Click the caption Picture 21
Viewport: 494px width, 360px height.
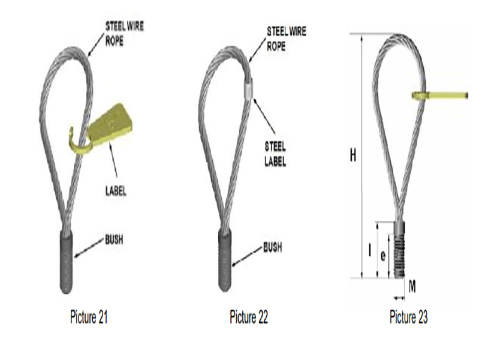pyautogui.click(x=89, y=317)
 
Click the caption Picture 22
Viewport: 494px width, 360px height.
pyautogui.click(x=249, y=317)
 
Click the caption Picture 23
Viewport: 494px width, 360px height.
pyautogui.click(x=408, y=317)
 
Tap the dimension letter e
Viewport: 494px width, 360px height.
pyautogui.click(x=382, y=254)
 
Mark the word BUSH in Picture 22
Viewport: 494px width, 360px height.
pyautogui.click(x=273, y=247)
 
